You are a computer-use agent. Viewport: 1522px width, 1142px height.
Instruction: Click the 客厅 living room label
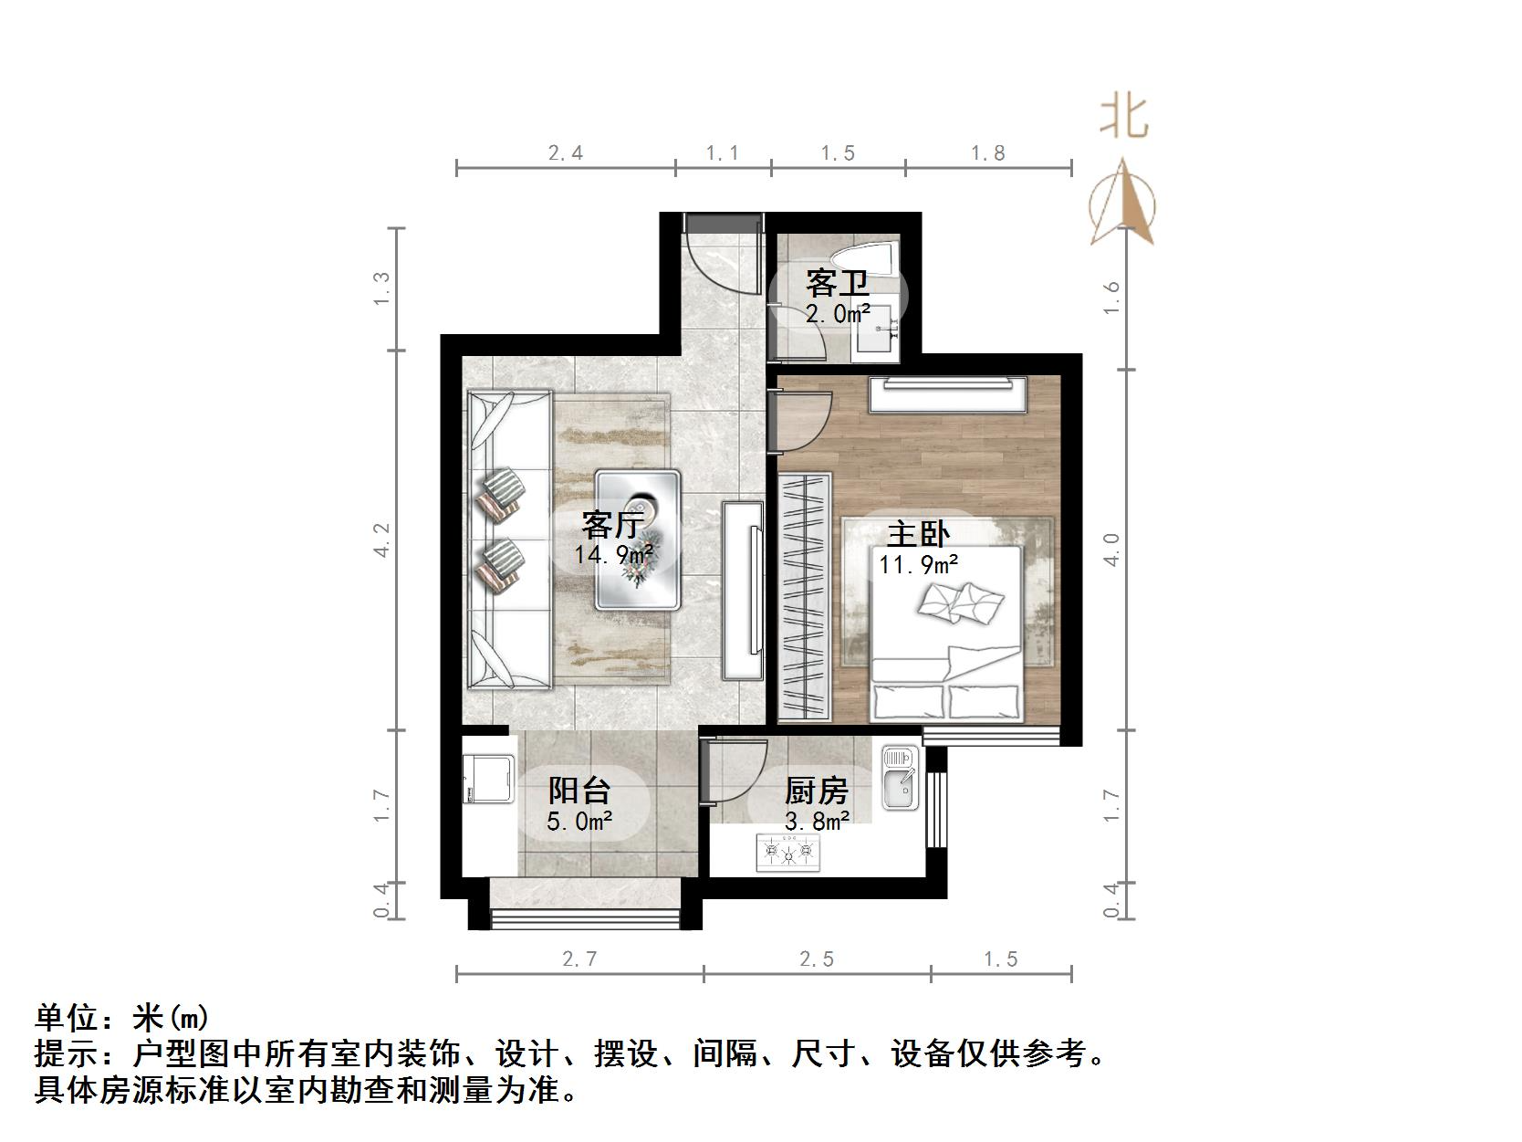point(612,526)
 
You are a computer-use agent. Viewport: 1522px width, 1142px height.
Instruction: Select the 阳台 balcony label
point(579,791)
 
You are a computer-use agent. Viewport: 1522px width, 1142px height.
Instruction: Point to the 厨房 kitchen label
point(816,791)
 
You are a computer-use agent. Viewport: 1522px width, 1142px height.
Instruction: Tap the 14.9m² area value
point(612,554)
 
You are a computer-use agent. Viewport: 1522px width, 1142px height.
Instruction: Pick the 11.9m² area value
point(918,564)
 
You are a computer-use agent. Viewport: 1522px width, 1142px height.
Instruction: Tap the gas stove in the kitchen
point(788,854)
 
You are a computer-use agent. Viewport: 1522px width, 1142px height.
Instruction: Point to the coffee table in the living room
point(638,540)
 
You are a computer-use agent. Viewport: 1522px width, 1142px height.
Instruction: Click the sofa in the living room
point(509,539)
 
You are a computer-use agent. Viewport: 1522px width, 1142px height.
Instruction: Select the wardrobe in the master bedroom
point(805,596)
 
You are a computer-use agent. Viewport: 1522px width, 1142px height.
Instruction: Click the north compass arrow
point(1122,205)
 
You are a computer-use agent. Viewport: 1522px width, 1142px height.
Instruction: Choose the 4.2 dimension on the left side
point(383,540)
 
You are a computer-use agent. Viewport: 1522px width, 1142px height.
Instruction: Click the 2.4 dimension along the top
point(566,152)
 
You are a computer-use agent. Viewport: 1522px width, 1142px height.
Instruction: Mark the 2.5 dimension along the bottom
point(817,959)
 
